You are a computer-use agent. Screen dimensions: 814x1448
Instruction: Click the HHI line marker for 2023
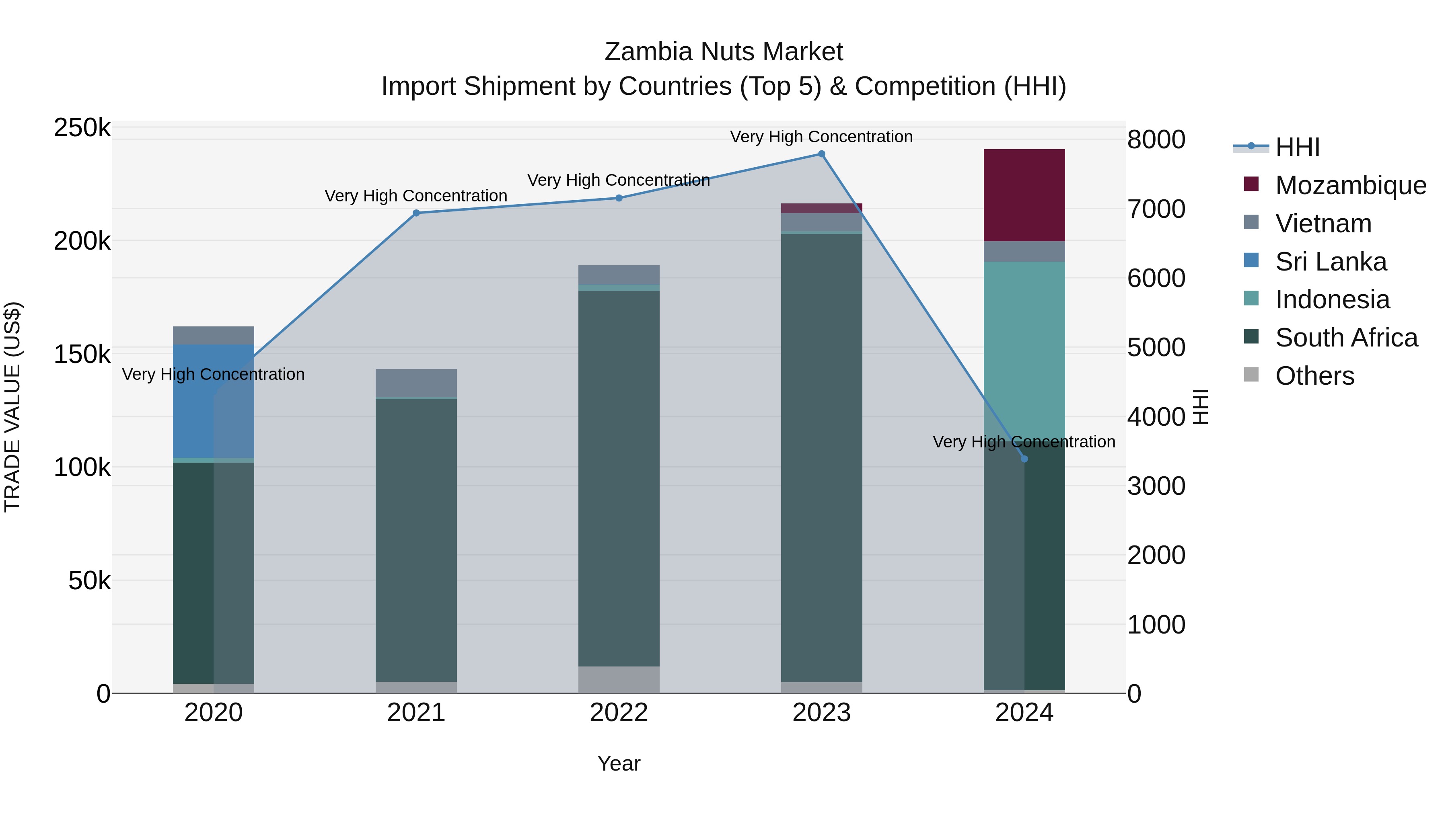point(821,154)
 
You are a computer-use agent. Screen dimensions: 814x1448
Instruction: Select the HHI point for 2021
point(416,213)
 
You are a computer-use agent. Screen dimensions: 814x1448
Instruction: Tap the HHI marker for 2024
point(1024,459)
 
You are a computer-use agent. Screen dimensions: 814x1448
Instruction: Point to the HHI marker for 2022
point(619,198)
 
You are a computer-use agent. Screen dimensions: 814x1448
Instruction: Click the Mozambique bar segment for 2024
point(1024,195)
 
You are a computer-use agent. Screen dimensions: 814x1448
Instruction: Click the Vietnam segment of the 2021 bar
point(416,383)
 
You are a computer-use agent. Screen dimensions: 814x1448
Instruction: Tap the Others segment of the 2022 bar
point(619,679)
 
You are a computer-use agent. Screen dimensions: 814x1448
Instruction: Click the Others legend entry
point(1314,376)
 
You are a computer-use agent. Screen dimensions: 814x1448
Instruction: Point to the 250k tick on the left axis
point(82,128)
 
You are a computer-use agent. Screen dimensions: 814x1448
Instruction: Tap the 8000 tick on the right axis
point(1156,140)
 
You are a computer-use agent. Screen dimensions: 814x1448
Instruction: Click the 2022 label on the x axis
point(619,713)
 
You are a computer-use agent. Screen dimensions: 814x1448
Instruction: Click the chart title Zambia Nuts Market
point(724,52)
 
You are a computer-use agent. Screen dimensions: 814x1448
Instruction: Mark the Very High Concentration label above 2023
point(821,137)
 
